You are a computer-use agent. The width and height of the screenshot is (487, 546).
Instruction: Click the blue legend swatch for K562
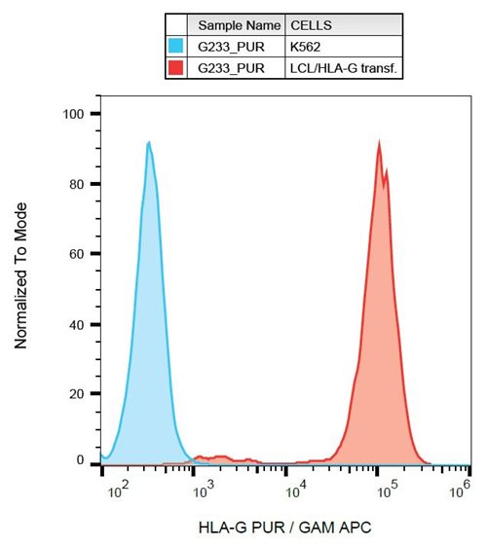(x=175, y=46)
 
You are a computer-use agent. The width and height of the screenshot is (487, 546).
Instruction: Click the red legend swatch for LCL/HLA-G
(x=175, y=67)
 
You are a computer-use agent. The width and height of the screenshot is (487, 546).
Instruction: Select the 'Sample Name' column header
(x=240, y=25)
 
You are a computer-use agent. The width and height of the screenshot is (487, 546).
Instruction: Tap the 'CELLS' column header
(x=311, y=25)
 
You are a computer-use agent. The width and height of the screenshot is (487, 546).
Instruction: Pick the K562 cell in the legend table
(x=305, y=47)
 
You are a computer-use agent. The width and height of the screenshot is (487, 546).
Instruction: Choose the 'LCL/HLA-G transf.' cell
(x=344, y=68)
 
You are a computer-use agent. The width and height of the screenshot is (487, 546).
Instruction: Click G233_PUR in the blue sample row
(x=231, y=47)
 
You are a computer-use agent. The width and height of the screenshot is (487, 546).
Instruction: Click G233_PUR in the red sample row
(x=231, y=68)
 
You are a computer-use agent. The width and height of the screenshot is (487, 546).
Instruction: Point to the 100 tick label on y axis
(x=73, y=114)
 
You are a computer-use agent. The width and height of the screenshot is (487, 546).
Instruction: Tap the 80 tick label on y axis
(x=77, y=184)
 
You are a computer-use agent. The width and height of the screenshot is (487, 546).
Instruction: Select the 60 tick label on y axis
(x=77, y=254)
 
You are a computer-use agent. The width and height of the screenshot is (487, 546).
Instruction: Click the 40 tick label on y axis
(x=77, y=325)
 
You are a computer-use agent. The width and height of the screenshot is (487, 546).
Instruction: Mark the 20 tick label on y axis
(x=77, y=394)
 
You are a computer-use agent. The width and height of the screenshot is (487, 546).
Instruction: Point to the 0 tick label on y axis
(x=80, y=460)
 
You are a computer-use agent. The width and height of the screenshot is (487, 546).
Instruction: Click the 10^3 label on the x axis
(x=205, y=491)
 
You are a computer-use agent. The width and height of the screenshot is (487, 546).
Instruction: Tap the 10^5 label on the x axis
(x=388, y=491)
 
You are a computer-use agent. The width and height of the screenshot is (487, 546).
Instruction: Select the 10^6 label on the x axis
(x=460, y=490)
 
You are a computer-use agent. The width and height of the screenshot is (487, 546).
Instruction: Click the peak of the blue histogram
(x=149, y=142)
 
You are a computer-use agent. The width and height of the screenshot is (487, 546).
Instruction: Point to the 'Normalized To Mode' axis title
(x=20, y=275)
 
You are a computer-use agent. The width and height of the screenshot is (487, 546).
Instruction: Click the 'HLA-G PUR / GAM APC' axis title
(x=284, y=528)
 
